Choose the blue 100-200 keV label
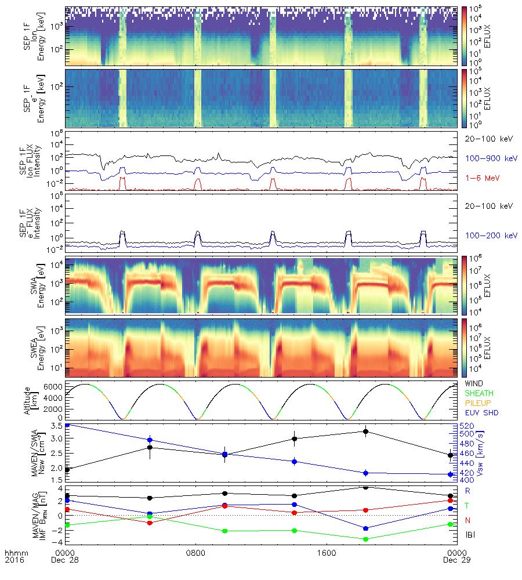486,235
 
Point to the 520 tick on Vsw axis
468,426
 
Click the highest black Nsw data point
365,432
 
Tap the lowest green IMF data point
365,539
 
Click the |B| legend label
470,535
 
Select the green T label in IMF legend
467,505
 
